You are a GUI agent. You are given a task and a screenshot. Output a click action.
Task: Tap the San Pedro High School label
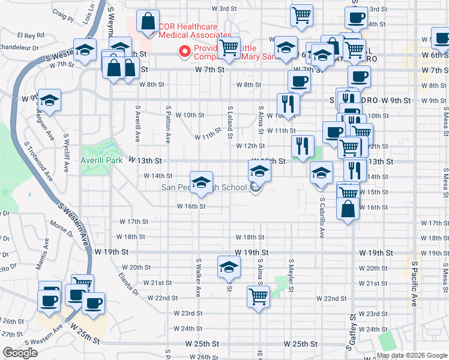click(204, 188)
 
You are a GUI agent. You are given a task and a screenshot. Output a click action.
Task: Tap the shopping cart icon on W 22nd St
click(258, 296)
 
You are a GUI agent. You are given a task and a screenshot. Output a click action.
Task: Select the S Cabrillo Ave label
click(322, 217)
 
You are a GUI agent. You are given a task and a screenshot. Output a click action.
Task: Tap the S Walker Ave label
click(198, 277)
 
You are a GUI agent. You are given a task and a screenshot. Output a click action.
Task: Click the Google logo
click(20, 353)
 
